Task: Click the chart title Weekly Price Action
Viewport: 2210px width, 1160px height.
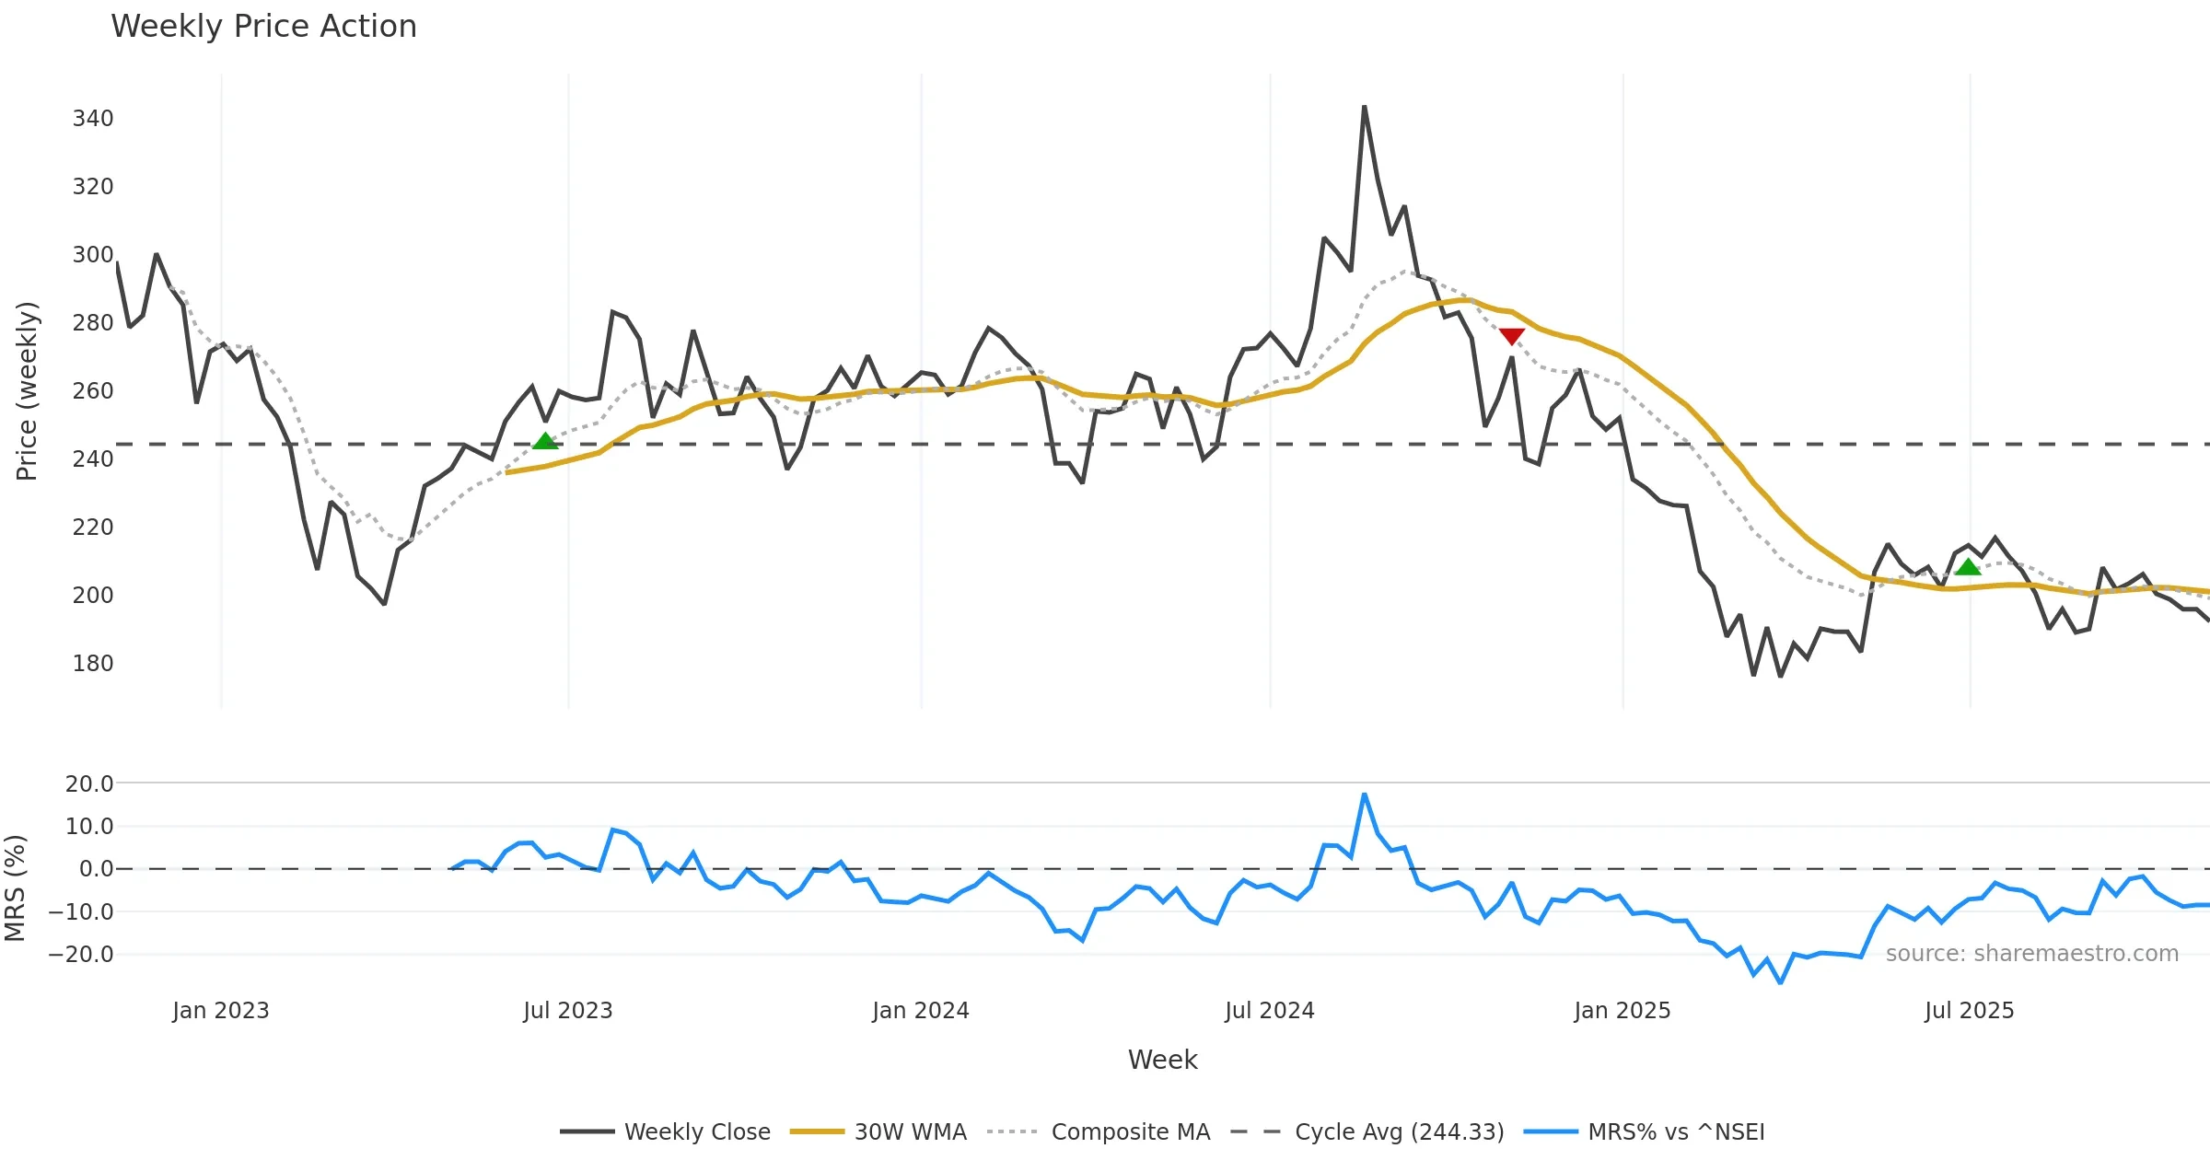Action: click(x=263, y=27)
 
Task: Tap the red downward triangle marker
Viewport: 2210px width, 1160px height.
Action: click(x=1511, y=336)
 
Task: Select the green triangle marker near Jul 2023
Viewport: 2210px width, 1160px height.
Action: click(x=545, y=442)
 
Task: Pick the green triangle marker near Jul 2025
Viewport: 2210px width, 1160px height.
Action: click(x=1968, y=567)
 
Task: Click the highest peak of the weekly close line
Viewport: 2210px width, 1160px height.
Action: click(x=1364, y=108)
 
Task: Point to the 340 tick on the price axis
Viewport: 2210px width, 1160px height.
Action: click(x=93, y=119)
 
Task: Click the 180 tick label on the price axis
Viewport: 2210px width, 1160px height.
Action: click(x=93, y=664)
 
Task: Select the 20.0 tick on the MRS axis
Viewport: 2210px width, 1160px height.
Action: click(x=89, y=784)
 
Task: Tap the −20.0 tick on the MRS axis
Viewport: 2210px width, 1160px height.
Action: click(x=81, y=955)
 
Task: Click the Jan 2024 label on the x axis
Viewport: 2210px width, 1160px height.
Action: click(x=921, y=1011)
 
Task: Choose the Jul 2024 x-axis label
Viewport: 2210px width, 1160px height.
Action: click(x=1270, y=1011)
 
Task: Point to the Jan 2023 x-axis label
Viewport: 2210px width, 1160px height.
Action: click(x=221, y=1011)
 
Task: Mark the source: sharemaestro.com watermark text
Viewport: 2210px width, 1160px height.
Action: click(x=2031, y=954)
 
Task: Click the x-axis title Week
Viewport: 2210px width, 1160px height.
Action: click(x=1162, y=1061)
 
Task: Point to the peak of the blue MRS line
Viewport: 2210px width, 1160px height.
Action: click(x=1364, y=795)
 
